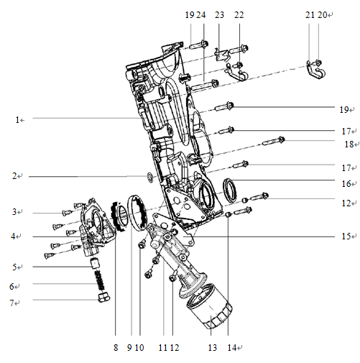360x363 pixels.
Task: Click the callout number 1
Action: click(x=17, y=119)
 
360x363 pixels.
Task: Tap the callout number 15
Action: click(x=346, y=236)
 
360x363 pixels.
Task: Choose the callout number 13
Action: click(x=211, y=348)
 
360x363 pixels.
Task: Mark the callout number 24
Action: click(x=202, y=14)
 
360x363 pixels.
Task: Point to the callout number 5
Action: click(x=17, y=267)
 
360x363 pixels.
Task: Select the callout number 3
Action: click(x=17, y=212)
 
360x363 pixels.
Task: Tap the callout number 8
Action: click(x=115, y=348)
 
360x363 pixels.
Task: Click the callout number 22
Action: click(x=239, y=14)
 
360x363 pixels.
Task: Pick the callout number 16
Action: click(x=346, y=183)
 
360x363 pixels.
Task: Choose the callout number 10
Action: click(x=140, y=348)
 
